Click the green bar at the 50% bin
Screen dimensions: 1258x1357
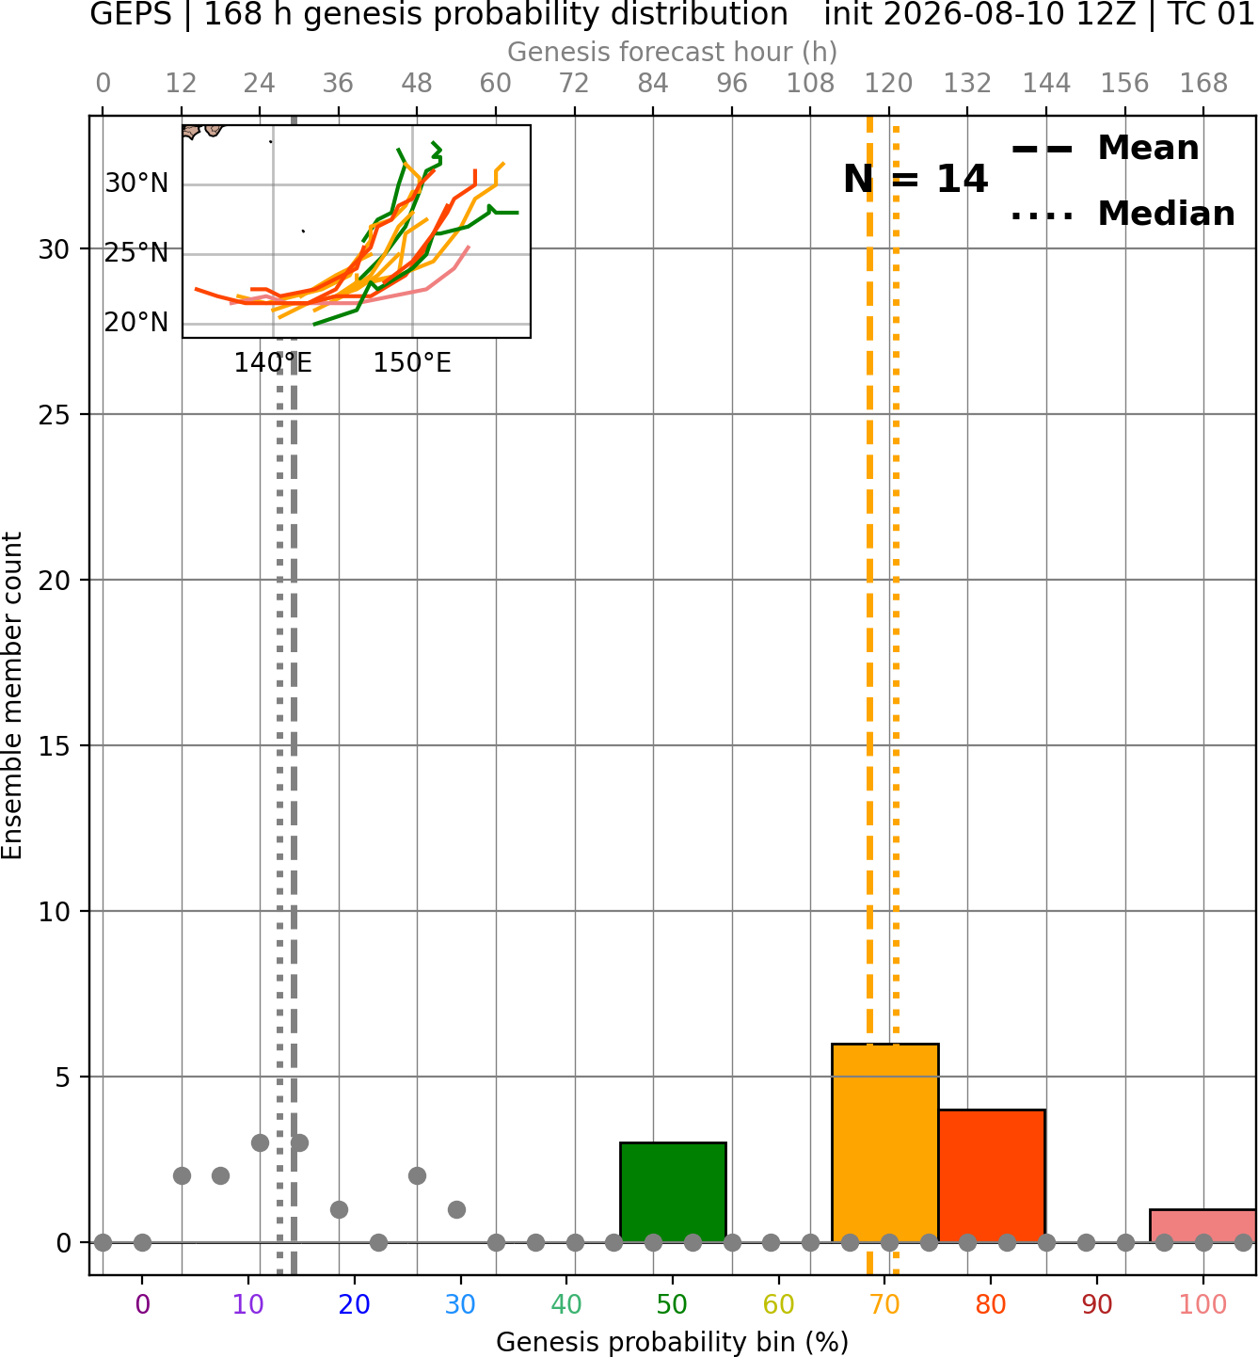point(673,1192)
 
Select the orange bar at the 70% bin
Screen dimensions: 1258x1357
point(884,1143)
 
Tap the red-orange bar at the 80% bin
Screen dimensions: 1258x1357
point(992,1176)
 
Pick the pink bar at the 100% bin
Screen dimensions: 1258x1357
point(1202,1226)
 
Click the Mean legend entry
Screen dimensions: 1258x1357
point(1106,149)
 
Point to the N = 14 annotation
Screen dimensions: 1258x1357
point(916,179)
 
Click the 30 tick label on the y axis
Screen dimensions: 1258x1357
point(54,249)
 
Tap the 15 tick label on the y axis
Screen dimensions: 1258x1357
point(54,745)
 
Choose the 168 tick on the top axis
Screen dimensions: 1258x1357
point(1203,84)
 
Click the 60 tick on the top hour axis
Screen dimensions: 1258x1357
point(496,84)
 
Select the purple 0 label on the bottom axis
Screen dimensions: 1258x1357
point(142,1304)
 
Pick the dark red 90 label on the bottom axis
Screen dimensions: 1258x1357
point(1097,1304)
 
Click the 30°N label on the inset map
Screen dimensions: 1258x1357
point(136,184)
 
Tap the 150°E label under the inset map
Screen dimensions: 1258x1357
point(412,363)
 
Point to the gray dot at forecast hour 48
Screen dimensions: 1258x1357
point(417,1176)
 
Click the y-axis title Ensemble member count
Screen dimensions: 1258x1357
point(11,695)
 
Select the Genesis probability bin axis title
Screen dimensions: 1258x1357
point(673,1342)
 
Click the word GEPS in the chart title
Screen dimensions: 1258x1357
point(131,14)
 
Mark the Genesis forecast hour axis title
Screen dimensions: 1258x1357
point(673,52)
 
